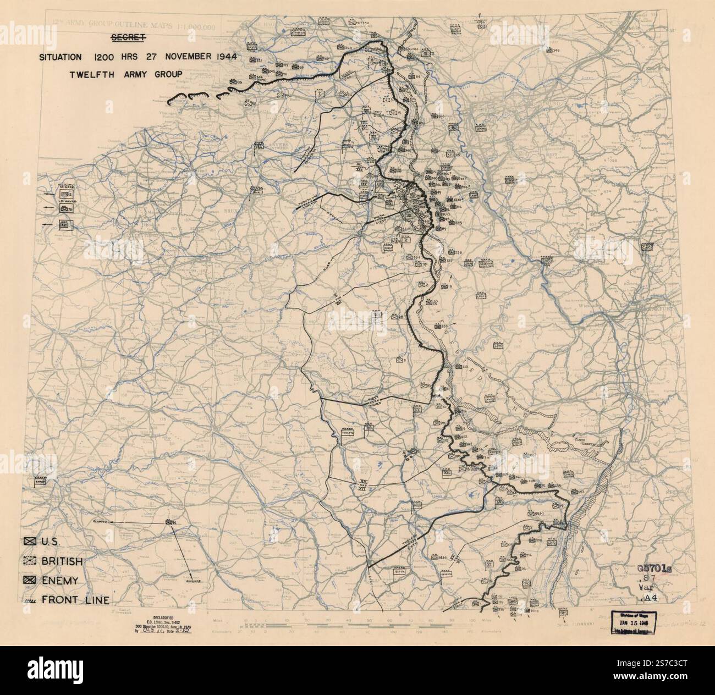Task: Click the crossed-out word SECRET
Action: click(128, 38)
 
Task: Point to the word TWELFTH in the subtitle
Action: click(91, 75)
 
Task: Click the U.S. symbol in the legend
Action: click(30, 542)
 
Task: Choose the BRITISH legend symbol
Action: click(30, 561)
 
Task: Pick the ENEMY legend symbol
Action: click(30, 581)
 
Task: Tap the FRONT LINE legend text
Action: click(75, 600)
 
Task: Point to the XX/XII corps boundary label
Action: click(361, 485)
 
